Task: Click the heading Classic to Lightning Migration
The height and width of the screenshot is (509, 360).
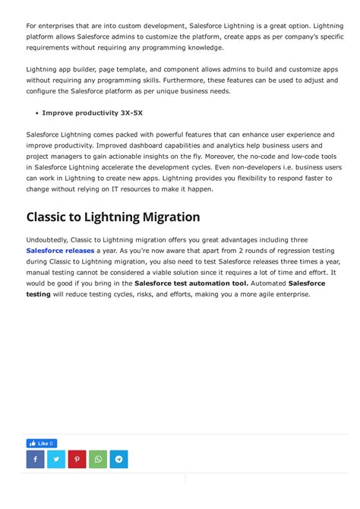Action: [113, 217]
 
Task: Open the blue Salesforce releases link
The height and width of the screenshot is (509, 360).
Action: [60, 250]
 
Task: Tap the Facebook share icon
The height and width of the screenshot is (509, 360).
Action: [36, 459]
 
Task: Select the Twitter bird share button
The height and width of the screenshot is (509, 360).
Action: [56, 459]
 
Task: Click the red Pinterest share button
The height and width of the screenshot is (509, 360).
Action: [77, 459]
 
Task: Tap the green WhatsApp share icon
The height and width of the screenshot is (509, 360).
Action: [98, 459]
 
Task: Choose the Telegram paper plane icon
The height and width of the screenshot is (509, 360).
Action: [118, 459]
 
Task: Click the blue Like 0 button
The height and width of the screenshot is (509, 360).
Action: [41, 443]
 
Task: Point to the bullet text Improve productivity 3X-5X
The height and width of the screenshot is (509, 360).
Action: [92, 112]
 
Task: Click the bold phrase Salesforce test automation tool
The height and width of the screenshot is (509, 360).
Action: [191, 283]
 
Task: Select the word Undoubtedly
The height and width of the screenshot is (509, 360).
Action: [48, 239]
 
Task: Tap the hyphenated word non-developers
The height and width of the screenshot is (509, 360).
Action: [264, 167]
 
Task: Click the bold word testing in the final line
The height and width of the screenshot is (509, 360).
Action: [38, 293]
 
